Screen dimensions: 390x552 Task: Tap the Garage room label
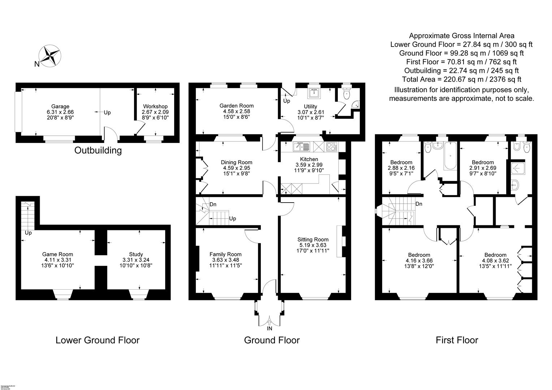point(60,106)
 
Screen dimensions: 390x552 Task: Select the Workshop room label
point(155,106)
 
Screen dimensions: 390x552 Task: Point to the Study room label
point(136,254)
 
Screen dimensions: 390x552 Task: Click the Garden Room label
point(236,106)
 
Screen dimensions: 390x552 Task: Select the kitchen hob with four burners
point(332,147)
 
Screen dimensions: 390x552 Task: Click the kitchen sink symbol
point(301,147)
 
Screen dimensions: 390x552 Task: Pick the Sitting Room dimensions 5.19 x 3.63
point(313,245)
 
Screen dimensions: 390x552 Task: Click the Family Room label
point(225,254)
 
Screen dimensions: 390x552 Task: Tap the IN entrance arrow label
point(269,328)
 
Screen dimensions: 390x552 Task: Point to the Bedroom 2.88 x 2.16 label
point(401,162)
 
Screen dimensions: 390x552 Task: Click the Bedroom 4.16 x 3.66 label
point(419,255)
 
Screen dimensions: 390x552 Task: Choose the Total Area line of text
point(461,79)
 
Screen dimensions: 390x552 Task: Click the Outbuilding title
point(98,150)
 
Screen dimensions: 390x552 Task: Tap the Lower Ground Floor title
point(97,340)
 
